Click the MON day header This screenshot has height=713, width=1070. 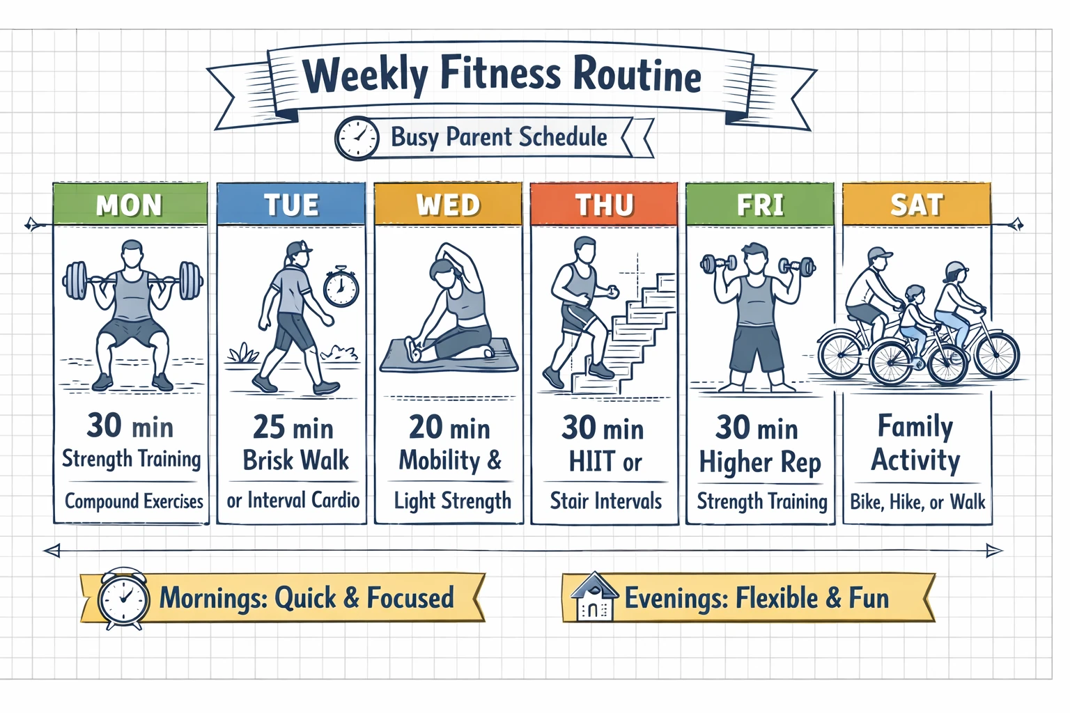coord(130,205)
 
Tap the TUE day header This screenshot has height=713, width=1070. coord(291,205)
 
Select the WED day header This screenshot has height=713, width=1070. coord(448,205)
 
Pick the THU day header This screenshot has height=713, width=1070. coord(604,205)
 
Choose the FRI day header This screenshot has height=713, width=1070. coord(760,205)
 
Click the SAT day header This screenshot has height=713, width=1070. coord(916,205)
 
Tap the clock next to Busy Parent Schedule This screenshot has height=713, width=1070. coord(357,138)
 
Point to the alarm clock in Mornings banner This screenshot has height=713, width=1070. coord(123,598)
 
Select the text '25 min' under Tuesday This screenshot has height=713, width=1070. coord(293,428)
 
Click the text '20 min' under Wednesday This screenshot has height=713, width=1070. coord(449,428)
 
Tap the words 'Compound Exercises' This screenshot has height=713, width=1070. coord(134,501)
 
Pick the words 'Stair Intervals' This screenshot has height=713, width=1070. coord(605,501)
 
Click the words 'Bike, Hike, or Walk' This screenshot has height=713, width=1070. coord(917,501)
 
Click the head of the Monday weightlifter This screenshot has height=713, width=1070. coord(132,252)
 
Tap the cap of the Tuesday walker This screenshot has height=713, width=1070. coord(298,249)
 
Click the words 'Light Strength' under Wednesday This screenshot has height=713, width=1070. coord(452,501)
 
